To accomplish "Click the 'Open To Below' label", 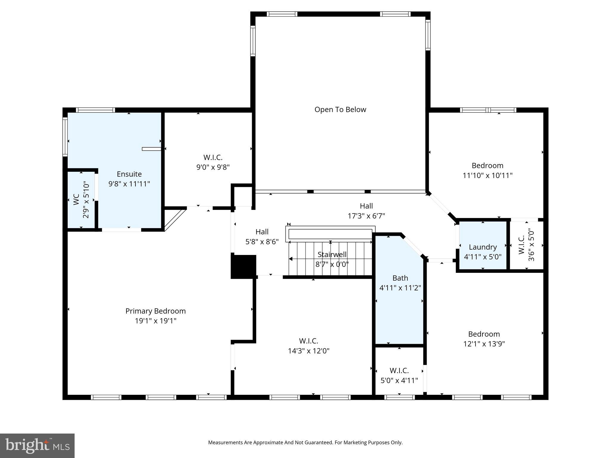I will pyautogui.click(x=340, y=109).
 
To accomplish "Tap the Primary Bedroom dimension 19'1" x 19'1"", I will pyautogui.click(x=155, y=321).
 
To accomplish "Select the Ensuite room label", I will pyautogui.click(x=129, y=174).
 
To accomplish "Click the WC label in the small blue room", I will pyautogui.click(x=76, y=199).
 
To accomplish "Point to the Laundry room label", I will pyautogui.click(x=482, y=247).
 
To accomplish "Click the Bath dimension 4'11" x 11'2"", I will pyautogui.click(x=400, y=288).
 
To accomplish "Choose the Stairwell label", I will pyautogui.click(x=332, y=254).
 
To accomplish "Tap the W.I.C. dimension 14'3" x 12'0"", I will pyautogui.click(x=308, y=351).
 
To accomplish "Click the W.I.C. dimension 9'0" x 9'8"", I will pyautogui.click(x=213, y=167).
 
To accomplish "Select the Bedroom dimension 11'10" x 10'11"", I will pyautogui.click(x=487, y=175).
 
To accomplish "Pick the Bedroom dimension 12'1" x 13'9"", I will pyautogui.click(x=484, y=344).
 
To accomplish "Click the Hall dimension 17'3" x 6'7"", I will pyautogui.click(x=366, y=216).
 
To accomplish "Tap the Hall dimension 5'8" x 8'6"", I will pyautogui.click(x=262, y=242).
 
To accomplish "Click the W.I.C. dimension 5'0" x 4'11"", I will pyautogui.click(x=399, y=380).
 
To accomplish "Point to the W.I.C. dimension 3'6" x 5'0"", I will pyautogui.click(x=531, y=245).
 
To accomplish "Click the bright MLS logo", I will pyautogui.click(x=37, y=445).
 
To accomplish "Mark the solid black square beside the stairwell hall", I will pyautogui.click(x=243, y=267).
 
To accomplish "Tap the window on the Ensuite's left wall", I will pyautogui.click(x=65, y=137).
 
